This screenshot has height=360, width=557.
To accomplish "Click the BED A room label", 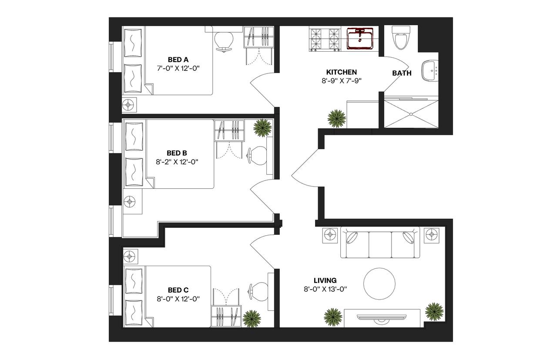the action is tap(178, 60).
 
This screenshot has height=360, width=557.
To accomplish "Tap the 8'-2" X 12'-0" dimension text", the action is tap(177, 162).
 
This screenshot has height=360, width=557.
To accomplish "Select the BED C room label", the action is tap(178, 290).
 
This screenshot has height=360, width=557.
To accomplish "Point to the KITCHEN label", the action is tap(342, 72).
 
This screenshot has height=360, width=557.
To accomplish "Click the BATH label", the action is tap(402, 73).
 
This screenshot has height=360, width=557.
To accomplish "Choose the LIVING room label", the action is tap(325, 280).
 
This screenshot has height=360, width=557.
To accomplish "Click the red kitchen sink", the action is tap(360, 39).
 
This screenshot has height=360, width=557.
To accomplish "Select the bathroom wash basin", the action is tap(430, 70).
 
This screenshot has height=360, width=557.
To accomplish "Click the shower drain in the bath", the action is tap(411, 114).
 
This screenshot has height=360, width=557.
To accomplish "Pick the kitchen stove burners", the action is tap(325, 40).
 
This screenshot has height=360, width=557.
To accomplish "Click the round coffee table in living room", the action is tap(379, 284).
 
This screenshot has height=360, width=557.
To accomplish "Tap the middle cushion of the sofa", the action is tap(380, 245).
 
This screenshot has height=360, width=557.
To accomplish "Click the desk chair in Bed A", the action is tap(224, 42).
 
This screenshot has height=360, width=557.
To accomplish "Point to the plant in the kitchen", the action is tap(337, 119).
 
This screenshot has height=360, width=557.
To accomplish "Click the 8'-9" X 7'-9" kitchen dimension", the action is tap(342, 81).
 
